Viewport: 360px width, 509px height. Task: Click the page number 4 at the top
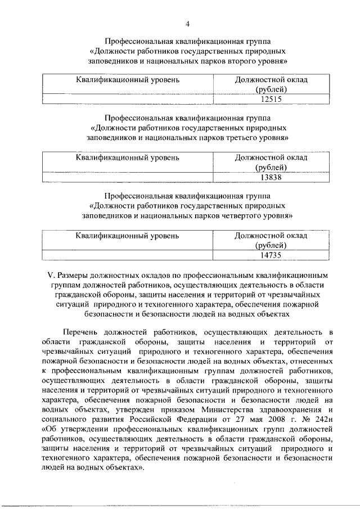[x=188, y=23]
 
